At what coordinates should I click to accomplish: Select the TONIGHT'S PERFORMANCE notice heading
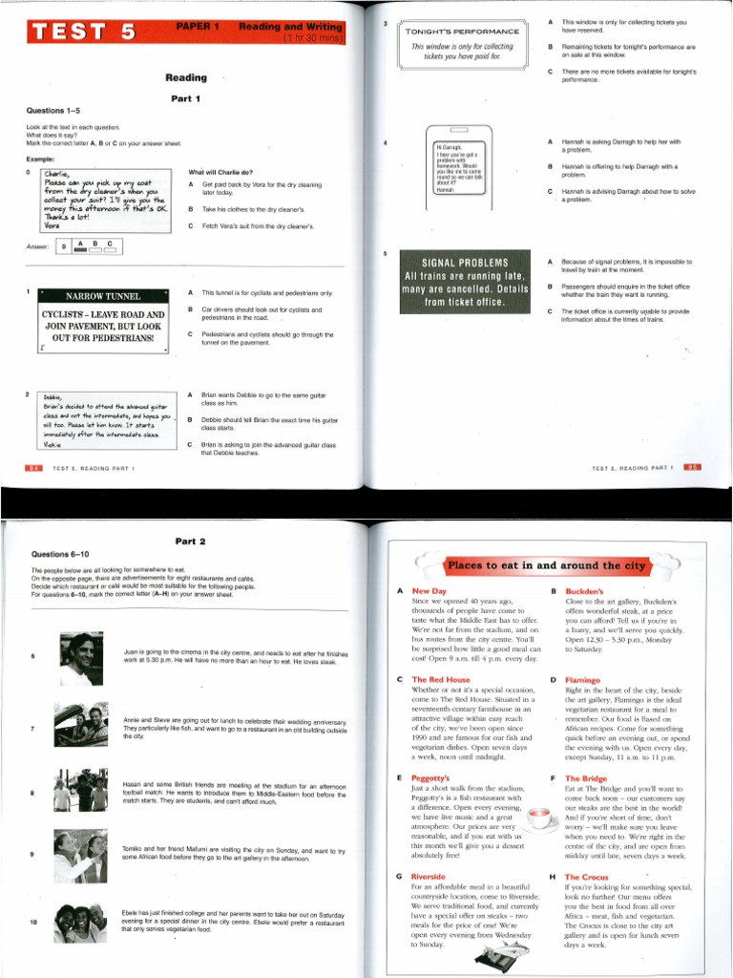pos(462,32)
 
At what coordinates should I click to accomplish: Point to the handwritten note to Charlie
pos(105,199)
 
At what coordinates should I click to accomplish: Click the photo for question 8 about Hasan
pos(81,790)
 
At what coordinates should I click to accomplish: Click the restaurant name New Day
pos(429,592)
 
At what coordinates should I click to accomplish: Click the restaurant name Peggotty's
pos(434,778)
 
